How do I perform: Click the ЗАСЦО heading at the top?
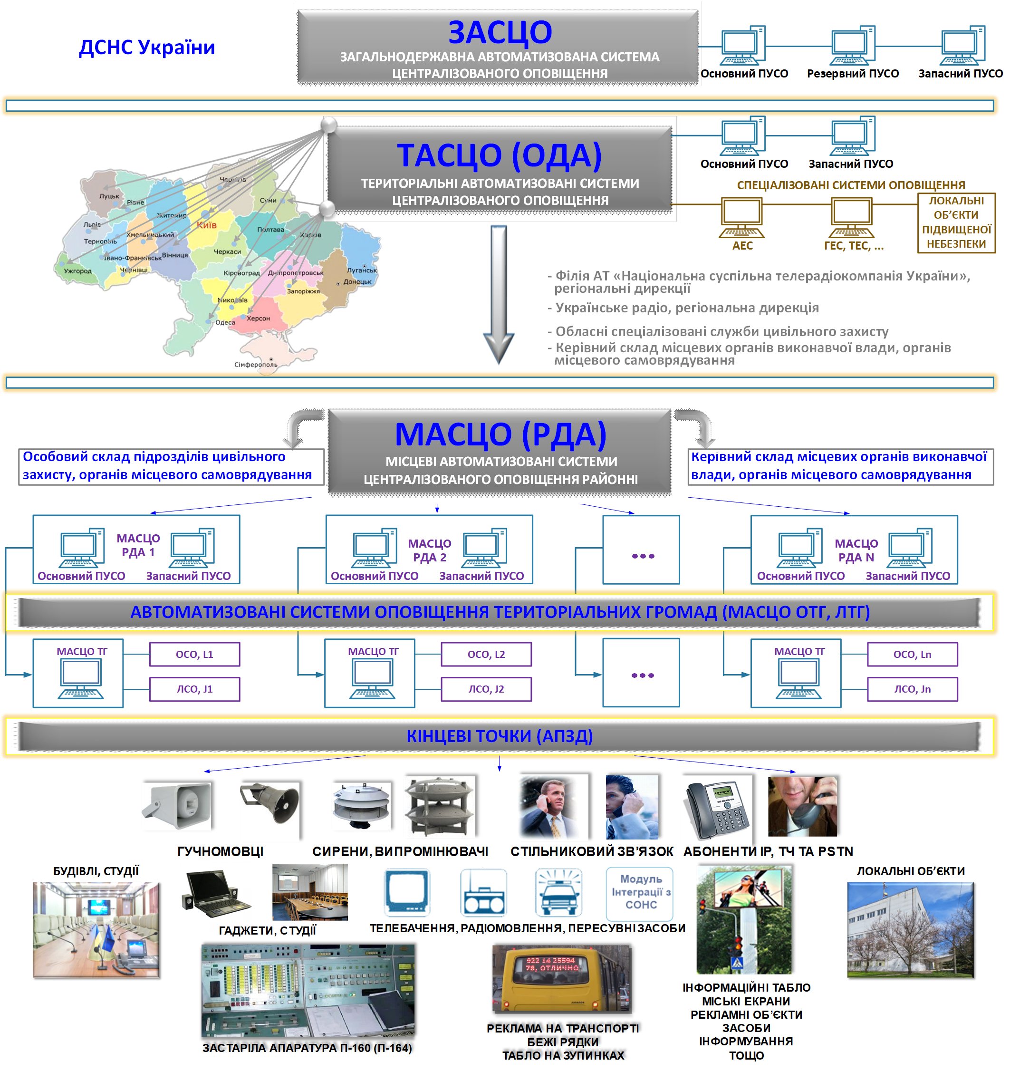click(500, 32)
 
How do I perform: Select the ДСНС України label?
click(147, 48)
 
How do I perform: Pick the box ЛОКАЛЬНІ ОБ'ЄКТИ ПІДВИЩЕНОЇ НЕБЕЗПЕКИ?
click(956, 222)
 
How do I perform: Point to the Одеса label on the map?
click(225, 322)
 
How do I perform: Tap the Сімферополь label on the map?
click(256, 365)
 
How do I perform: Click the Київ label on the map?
click(207, 225)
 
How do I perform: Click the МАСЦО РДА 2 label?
click(429, 550)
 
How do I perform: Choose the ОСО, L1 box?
click(194, 654)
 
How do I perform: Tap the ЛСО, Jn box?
click(912, 688)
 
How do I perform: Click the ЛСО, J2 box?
click(486, 688)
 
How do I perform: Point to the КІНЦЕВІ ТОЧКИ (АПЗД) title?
click(500, 736)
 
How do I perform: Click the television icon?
click(407, 892)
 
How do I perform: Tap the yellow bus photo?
click(562, 978)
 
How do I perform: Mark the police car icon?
click(558, 892)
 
